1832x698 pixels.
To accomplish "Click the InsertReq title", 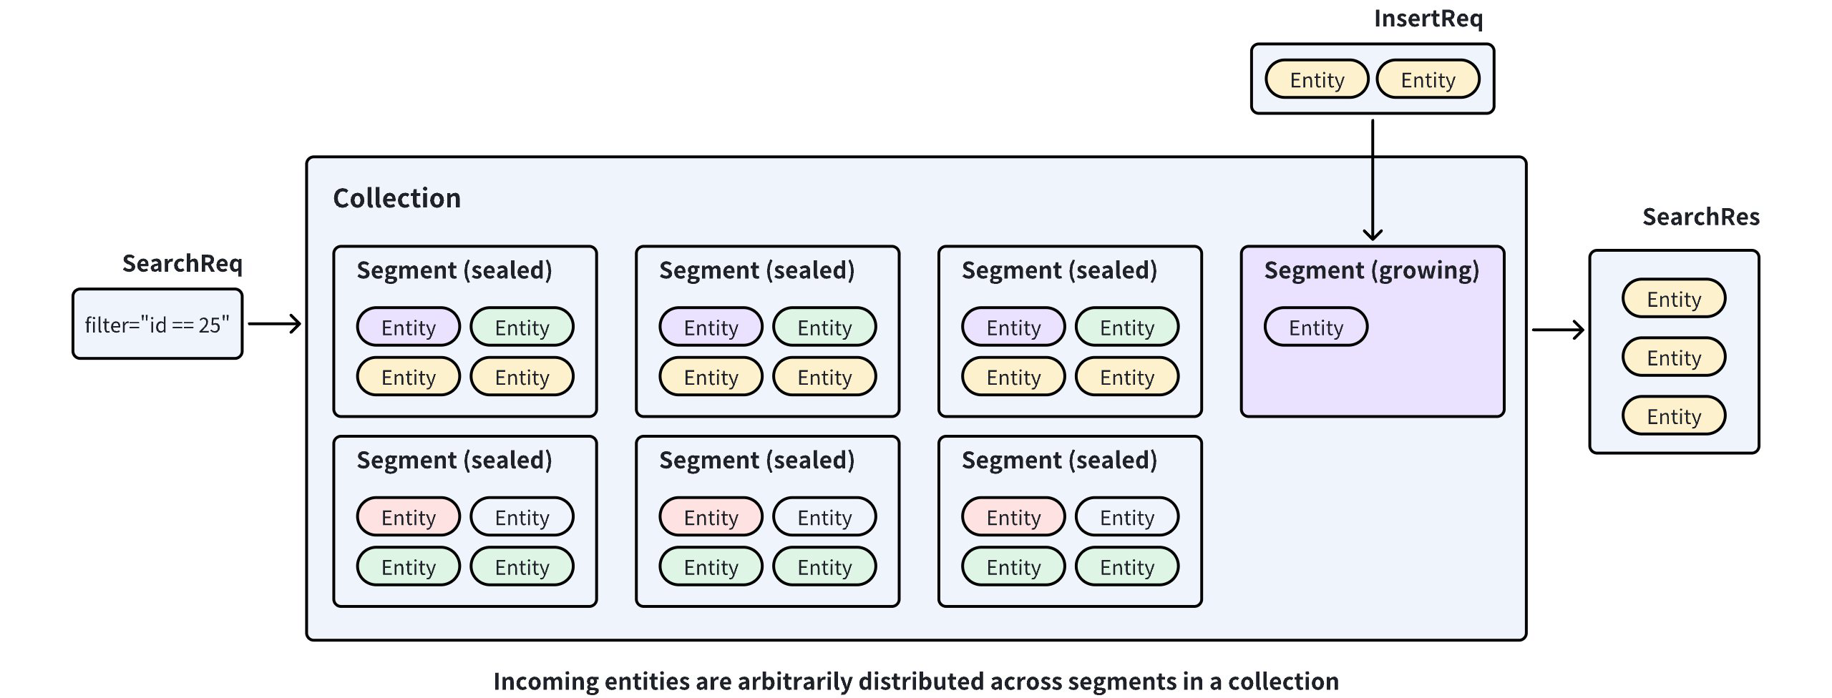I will point(1428,19).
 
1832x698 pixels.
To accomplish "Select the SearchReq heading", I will point(182,264).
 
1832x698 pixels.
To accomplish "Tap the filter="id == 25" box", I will point(157,325).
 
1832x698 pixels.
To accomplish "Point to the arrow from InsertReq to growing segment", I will point(1372,179).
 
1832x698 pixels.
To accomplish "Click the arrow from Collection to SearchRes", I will point(1557,330).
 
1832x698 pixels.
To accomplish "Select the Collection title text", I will point(396,198).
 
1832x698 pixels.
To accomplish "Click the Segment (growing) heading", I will point(1371,270).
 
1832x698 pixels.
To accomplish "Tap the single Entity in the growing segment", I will point(1315,328).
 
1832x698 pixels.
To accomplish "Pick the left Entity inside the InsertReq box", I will point(1317,79).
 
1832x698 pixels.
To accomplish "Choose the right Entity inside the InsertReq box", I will point(1428,79).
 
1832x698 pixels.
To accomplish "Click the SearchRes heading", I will point(1700,217).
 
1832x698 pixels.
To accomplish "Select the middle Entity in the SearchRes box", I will point(1673,358).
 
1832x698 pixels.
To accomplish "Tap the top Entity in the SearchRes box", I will point(1673,299).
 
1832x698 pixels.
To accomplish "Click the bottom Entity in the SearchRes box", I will point(1673,416).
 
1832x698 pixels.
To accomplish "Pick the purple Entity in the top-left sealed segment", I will point(408,328).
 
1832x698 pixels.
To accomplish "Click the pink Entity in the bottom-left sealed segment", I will point(408,517).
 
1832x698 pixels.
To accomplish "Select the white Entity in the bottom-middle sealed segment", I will point(824,517).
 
